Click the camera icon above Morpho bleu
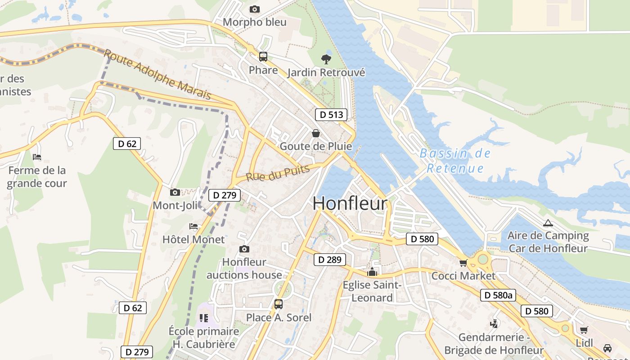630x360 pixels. [x=254, y=9]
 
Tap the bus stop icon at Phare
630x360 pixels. [x=263, y=57]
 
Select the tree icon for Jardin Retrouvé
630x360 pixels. [x=326, y=59]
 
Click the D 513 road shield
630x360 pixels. [x=331, y=115]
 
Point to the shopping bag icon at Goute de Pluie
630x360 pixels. [x=316, y=133]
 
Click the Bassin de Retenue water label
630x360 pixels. [x=455, y=161]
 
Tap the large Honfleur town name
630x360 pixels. [x=350, y=203]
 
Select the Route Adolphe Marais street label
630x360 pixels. [x=157, y=75]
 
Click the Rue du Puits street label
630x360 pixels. [x=278, y=173]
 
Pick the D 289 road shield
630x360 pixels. [x=330, y=260]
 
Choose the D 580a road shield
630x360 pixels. [x=498, y=295]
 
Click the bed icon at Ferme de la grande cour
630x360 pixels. [x=37, y=157]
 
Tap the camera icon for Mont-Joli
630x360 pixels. [x=175, y=193]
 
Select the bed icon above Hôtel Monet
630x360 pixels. [x=193, y=226]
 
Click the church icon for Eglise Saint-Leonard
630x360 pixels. [x=372, y=272]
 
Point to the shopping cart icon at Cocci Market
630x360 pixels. [x=463, y=263]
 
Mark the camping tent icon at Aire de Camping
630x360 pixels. [x=548, y=223]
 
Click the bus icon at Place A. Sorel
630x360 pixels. [x=279, y=304]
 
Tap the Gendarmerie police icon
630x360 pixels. [x=494, y=324]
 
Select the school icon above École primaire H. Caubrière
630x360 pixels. [x=204, y=318]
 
